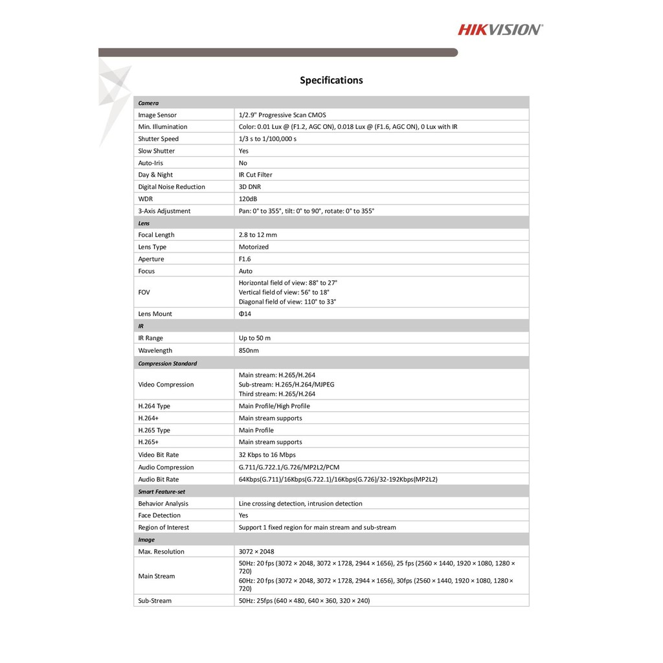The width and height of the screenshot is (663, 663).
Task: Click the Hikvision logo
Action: pos(500,29)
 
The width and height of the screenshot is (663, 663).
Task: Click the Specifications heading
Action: pos(331,80)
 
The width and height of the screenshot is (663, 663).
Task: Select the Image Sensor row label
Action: pos(157,115)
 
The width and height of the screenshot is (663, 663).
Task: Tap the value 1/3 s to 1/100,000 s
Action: pos(267,139)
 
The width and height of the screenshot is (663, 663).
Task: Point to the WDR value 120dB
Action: pos(248,199)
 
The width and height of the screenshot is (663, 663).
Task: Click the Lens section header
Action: pos(144,223)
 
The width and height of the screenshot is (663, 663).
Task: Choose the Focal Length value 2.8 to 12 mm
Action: pos(258,235)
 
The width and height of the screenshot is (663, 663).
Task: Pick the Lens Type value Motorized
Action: pos(253,247)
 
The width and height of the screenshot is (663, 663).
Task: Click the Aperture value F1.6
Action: pos(245,259)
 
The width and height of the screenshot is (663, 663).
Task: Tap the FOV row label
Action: pos(144,292)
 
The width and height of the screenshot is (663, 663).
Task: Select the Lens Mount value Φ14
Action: pos(245,314)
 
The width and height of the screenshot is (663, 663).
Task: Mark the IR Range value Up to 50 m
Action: pos(254,338)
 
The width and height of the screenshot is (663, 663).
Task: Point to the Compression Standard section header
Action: pos(167,363)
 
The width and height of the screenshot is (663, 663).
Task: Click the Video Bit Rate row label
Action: pos(158,455)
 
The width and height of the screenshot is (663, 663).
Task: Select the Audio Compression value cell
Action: pos(289,467)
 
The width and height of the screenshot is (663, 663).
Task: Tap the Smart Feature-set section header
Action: pos(161,491)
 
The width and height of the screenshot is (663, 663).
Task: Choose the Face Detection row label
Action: pos(159,515)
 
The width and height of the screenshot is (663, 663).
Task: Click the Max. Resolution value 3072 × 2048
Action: pos(256,552)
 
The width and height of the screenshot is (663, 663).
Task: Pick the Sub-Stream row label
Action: pos(155,601)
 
